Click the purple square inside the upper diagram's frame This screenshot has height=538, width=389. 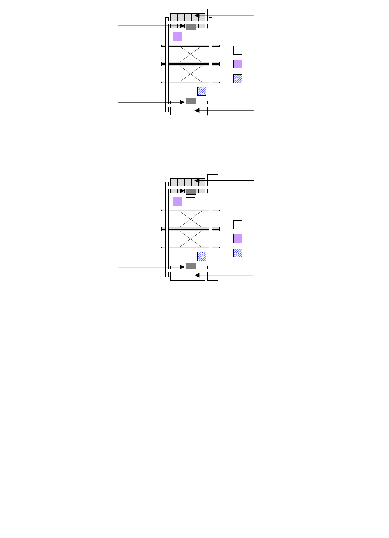tap(178, 37)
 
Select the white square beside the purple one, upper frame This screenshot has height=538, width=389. tap(190, 37)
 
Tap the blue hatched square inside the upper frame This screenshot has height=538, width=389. tap(202, 91)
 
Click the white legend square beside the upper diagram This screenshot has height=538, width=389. tap(237, 50)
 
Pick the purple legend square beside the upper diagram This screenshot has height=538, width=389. tap(237, 64)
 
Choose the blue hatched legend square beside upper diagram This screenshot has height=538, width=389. tap(237, 79)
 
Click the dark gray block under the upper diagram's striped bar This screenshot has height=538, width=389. tap(191, 27)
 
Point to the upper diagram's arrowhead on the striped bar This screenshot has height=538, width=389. tap(197, 16)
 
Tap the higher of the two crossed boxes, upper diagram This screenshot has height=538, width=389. tap(191, 54)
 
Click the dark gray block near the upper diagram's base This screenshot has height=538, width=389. tap(191, 101)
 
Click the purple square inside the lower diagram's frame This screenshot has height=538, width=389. tap(178, 202)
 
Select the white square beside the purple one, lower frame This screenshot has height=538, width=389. tap(190, 202)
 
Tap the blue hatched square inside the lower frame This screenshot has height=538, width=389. tap(202, 256)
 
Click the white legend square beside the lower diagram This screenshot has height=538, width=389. tap(237, 224)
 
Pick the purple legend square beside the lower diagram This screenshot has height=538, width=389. tap(237, 239)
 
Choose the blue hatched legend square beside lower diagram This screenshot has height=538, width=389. tap(237, 253)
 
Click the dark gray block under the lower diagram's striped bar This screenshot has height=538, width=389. tap(191, 191)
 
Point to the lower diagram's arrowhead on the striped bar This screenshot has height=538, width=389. tap(197, 181)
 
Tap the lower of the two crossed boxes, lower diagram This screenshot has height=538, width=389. tap(191, 239)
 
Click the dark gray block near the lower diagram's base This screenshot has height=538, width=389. tap(191, 266)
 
